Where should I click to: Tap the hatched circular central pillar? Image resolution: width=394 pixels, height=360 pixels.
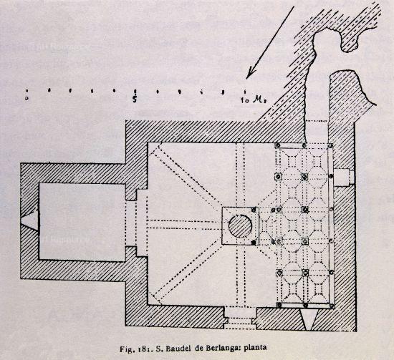[x=240, y=226]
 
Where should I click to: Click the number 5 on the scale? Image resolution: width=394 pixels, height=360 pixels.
[x=135, y=99]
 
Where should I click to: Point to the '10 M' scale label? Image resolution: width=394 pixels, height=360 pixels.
[x=254, y=100]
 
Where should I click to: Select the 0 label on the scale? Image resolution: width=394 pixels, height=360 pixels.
[x=27, y=99]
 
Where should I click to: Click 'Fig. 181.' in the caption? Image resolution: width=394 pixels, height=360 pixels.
[x=136, y=349]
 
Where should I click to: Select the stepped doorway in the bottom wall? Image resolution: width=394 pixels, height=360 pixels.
[x=241, y=318]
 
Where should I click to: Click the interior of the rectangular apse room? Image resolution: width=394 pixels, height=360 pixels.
[x=82, y=221]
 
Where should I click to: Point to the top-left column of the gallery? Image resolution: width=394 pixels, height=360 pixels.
[x=278, y=145]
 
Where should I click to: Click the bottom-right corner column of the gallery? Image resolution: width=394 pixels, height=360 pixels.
[x=332, y=306]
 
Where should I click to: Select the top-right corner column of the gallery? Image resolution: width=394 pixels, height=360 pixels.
[x=331, y=145]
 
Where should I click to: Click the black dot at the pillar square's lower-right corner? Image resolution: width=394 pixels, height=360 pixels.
[x=254, y=242]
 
